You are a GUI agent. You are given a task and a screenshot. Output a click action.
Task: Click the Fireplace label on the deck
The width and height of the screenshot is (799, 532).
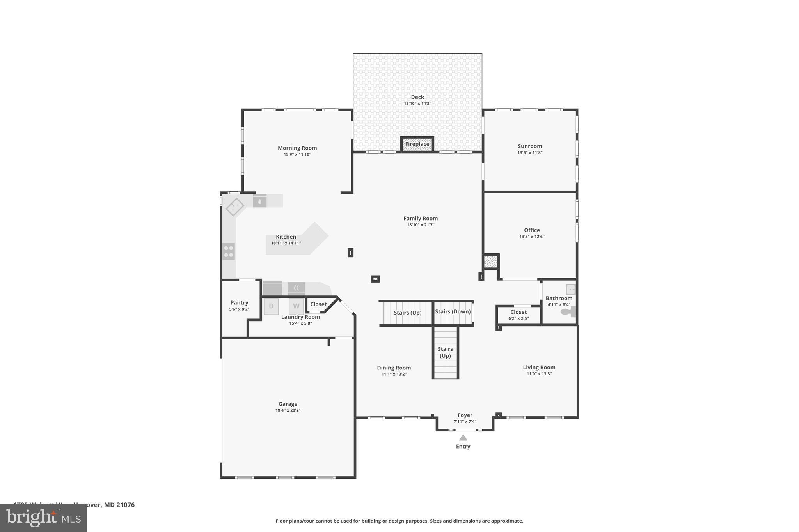(x=417, y=144)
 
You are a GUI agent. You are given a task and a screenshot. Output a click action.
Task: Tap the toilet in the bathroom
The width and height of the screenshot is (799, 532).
(x=568, y=311)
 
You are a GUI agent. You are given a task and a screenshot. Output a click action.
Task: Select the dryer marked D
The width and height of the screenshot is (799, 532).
(x=271, y=306)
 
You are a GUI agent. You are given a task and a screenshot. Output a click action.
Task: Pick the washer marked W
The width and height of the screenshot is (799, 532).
(x=296, y=306)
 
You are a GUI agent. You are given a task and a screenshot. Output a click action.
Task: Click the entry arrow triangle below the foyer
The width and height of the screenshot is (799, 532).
(x=463, y=438)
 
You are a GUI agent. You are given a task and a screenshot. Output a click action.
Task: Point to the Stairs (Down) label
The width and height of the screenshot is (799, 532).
(x=453, y=311)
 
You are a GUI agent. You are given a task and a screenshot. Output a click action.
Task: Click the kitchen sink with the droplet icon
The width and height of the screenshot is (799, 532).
(x=259, y=201)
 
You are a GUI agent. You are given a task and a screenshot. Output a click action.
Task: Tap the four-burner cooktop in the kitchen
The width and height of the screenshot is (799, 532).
(x=229, y=251)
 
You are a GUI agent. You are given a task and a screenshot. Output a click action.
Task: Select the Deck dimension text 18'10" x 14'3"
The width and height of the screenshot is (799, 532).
(x=417, y=104)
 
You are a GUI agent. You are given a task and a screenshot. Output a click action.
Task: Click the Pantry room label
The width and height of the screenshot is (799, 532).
(x=239, y=302)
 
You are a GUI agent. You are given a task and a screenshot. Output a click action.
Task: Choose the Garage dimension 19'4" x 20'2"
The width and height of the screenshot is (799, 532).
(x=288, y=410)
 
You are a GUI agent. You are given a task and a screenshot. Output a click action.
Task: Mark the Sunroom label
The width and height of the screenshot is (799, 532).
(x=530, y=146)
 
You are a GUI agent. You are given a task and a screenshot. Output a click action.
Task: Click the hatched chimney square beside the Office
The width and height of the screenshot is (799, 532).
(x=490, y=261)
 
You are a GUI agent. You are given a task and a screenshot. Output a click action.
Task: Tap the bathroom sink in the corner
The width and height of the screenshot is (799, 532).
(x=570, y=289)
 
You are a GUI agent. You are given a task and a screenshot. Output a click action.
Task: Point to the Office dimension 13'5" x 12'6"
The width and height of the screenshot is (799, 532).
(x=532, y=237)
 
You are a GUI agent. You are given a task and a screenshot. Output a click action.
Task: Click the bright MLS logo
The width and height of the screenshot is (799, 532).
(x=43, y=518)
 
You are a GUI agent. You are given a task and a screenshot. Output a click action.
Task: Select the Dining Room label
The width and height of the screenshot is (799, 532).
(x=394, y=368)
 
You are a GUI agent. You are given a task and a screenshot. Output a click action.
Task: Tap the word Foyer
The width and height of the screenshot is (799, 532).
(x=465, y=415)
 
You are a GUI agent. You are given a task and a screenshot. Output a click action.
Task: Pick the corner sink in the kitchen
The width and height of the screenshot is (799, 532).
(x=235, y=207)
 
